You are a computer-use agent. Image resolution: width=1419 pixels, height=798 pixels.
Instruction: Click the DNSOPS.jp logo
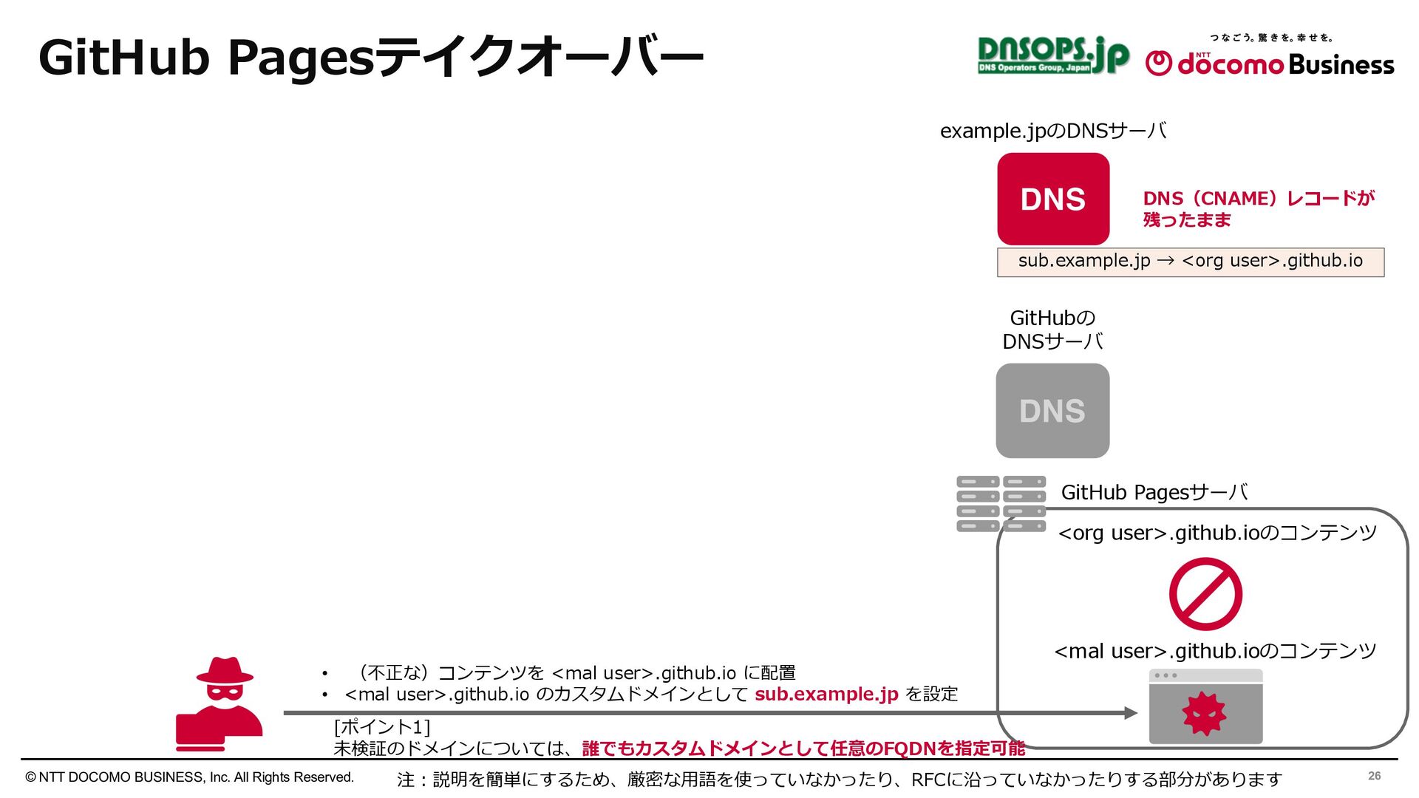(1052, 55)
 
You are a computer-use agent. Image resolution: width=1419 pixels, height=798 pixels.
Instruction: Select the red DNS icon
(1053, 199)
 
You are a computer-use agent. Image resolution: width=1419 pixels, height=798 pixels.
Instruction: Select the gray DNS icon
(1052, 411)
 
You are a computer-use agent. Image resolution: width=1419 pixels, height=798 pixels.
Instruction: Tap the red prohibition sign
(1205, 594)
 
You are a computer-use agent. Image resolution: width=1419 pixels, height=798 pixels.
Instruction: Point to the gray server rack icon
(1001, 504)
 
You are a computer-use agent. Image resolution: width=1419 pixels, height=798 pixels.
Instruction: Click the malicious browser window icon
(1205, 706)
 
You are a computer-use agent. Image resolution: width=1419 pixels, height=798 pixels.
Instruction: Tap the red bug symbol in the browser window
(1204, 714)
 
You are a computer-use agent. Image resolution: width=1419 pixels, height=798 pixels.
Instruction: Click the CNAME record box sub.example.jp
(1190, 262)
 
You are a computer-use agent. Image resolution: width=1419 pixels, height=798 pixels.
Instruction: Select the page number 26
(1374, 776)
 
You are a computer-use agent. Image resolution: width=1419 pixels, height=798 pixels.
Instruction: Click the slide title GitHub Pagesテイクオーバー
(370, 57)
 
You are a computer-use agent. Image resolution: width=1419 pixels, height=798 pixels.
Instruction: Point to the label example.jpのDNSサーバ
(1053, 132)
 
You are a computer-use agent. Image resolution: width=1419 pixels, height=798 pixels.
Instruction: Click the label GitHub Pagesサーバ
(1154, 492)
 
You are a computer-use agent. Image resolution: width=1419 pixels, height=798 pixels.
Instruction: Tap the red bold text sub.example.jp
(826, 695)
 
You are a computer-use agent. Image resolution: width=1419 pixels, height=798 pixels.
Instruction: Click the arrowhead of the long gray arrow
(1131, 713)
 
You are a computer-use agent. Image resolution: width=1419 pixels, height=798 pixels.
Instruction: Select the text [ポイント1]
(381, 727)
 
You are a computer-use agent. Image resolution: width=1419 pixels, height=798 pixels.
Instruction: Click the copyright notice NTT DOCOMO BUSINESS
(190, 777)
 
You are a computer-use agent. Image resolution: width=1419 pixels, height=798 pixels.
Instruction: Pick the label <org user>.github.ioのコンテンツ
(1217, 533)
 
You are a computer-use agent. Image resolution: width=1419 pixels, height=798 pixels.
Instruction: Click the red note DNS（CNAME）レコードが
(1258, 199)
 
